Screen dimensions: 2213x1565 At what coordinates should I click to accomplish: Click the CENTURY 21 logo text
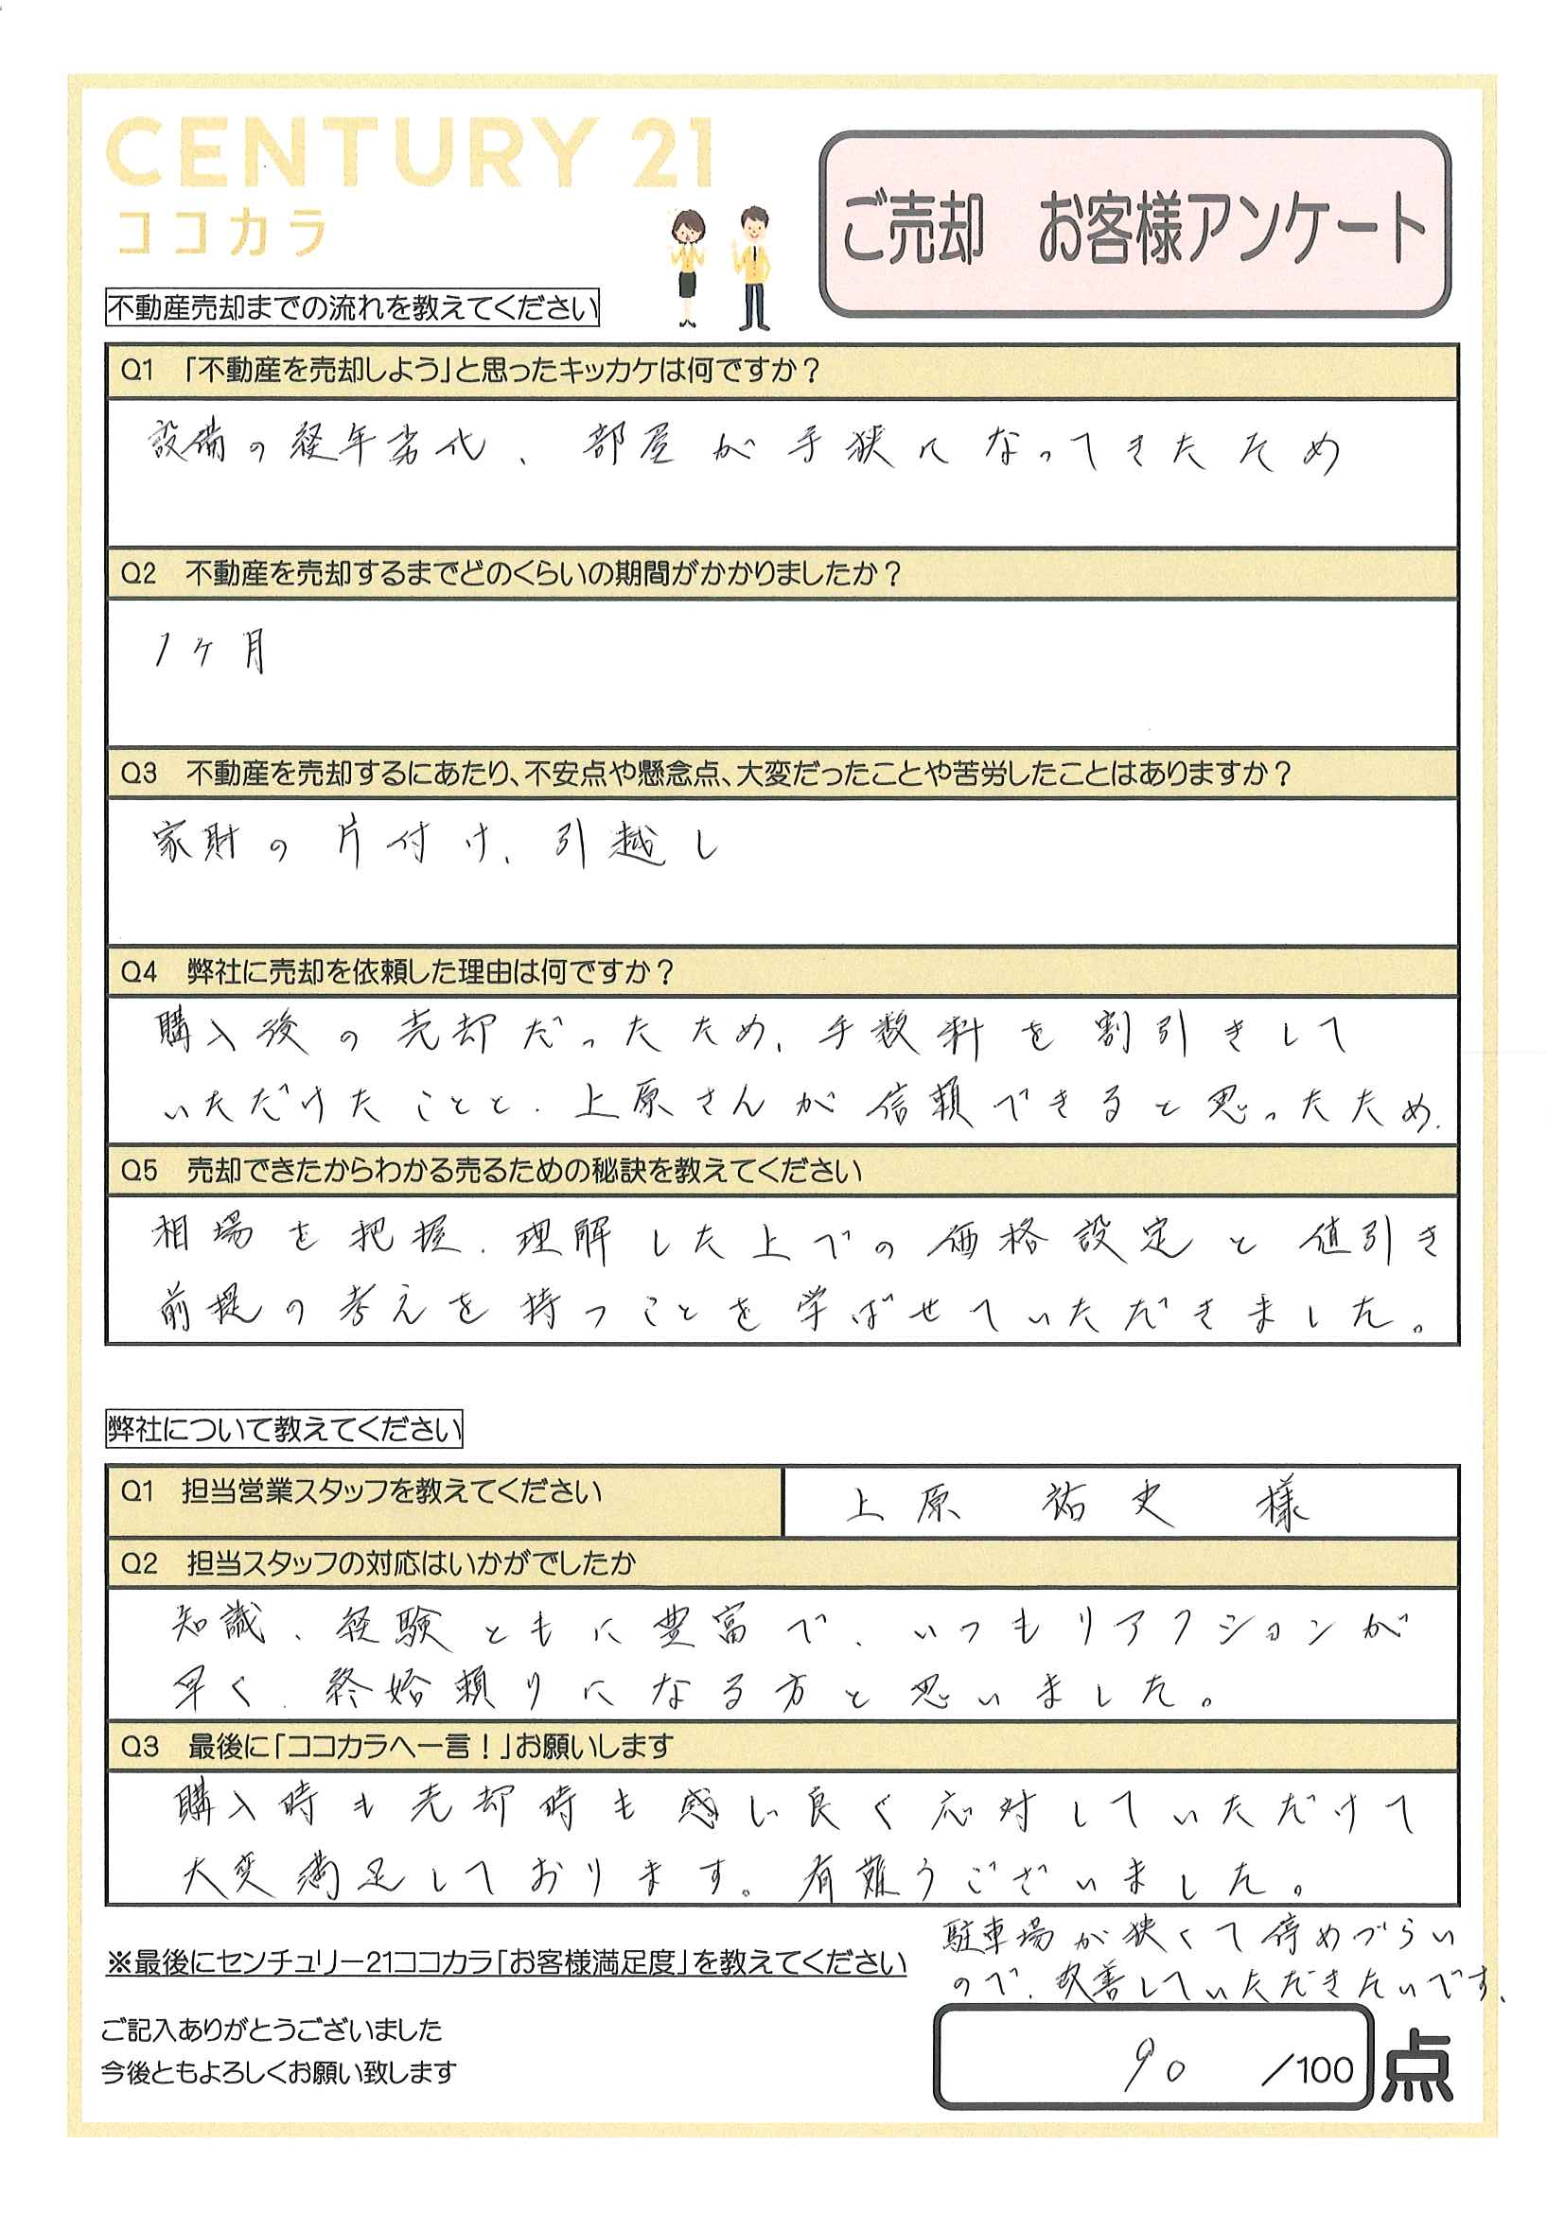pos(410,154)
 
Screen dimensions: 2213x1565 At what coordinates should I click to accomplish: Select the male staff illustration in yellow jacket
pos(754,267)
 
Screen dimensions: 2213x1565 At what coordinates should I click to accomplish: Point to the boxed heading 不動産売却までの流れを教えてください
pos(352,308)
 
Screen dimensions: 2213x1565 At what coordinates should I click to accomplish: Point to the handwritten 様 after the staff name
pos(1283,1504)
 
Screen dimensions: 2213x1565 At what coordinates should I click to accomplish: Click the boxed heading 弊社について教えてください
pos(285,1428)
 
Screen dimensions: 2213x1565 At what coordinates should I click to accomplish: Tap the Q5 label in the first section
pos(139,1171)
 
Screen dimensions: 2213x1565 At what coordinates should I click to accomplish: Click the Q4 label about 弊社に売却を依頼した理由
pos(139,971)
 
